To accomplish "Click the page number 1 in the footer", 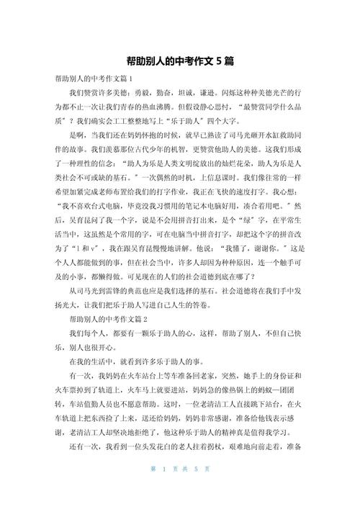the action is point(166,488).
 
